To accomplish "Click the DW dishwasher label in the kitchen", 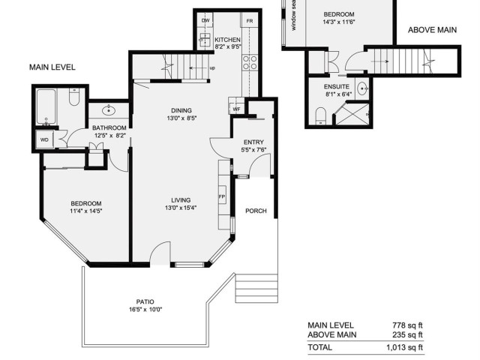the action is tap(205, 20).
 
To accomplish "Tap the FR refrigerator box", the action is tap(250, 21).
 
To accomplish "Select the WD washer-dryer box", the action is tap(45, 140).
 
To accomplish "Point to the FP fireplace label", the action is tap(222, 196).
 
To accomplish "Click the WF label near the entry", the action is tap(236, 109).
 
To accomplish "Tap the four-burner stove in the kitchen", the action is tap(250, 62).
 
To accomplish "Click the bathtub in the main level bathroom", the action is tap(46, 106).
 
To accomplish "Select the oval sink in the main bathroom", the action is tap(109, 110).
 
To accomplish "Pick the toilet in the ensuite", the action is tap(320, 116).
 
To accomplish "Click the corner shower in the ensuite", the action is tap(352, 114).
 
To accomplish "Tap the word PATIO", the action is tap(145, 301).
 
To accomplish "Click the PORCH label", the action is tap(256, 211).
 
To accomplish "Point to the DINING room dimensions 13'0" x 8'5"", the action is tap(181, 118).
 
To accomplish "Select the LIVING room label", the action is tap(181, 200).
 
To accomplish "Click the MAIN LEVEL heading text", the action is tap(52, 67).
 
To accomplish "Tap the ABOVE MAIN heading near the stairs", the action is tap(432, 30).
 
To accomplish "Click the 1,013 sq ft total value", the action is tap(404, 347).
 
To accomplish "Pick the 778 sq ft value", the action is tap(407, 325).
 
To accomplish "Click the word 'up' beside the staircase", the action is tap(212, 68).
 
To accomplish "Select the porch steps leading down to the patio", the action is tap(256, 288).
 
